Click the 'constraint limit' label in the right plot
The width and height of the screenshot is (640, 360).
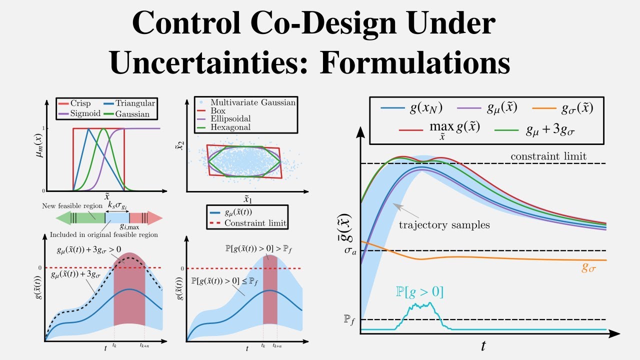click(x=548, y=156)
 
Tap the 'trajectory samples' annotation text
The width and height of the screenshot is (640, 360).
click(x=444, y=225)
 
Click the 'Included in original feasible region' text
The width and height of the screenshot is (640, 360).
click(x=103, y=234)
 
